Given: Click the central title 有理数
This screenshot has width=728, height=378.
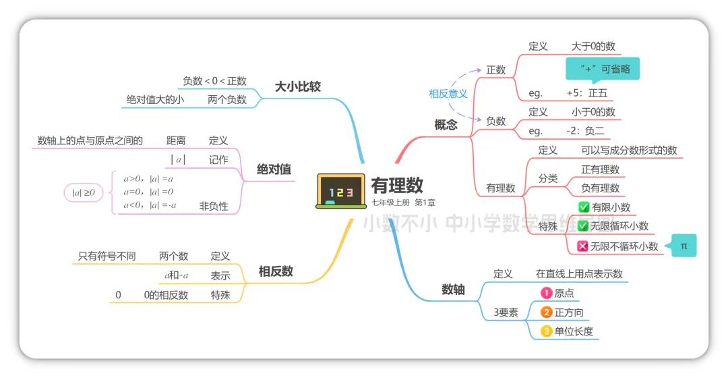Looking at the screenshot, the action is coord(397,185).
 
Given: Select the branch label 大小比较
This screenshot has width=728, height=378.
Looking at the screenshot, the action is coord(297,86).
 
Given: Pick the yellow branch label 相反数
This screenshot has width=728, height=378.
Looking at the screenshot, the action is coord(276,271).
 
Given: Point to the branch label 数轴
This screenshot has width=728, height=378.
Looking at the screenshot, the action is coord(453,290).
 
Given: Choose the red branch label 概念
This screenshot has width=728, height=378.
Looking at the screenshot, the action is coord(446,124).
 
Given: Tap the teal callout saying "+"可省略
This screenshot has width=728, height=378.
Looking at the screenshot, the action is coord(602,69).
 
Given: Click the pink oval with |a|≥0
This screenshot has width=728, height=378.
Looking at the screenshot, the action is coord(84,193).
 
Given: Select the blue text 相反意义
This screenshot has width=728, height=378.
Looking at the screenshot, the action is coord(448,94).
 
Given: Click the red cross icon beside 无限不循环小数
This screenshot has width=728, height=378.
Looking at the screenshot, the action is coord(583,246).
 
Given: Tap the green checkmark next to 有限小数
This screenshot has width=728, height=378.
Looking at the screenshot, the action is coord(584,207).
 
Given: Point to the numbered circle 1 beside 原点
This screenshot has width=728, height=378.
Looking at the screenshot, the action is coord(547,293).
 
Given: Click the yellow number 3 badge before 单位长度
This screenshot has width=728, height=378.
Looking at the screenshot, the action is coord(547,331).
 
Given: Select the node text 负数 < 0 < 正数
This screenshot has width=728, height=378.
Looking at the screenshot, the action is coord(214,81).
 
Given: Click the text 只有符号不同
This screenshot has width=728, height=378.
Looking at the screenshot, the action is coord(107,256).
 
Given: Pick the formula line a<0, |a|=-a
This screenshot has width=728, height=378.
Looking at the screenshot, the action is coord(150,205).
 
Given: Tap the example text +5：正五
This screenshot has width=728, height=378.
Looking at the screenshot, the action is coord(588,93).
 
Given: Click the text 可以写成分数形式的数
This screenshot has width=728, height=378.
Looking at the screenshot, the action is coord(629,151).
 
